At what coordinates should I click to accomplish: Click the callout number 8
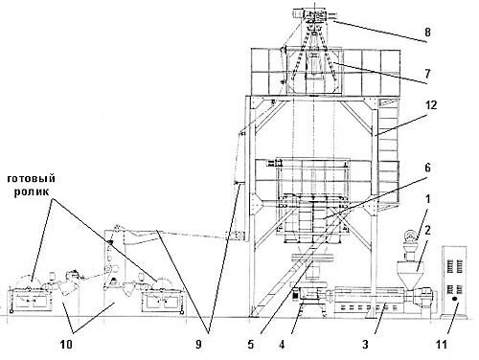(427, 32)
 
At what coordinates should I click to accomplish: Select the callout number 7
(427, 74)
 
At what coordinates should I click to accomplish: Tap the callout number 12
(431, 105)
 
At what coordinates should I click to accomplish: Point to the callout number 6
(427, 168)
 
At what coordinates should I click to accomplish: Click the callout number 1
(428, 199)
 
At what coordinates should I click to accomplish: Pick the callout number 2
(427, 231)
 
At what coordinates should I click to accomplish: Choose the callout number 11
(446, 345)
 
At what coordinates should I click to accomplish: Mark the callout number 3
(365, 345)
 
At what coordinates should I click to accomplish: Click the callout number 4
(282, 345)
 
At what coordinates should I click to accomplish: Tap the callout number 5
(250, 345)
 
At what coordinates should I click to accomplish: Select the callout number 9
(198, 345)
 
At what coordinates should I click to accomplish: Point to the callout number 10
(66, 345)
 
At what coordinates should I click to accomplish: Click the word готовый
(32, 178)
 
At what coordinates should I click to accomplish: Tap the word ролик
(32, 192)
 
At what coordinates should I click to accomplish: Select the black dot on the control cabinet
(454, 299)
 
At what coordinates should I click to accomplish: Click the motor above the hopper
(410, 237)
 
